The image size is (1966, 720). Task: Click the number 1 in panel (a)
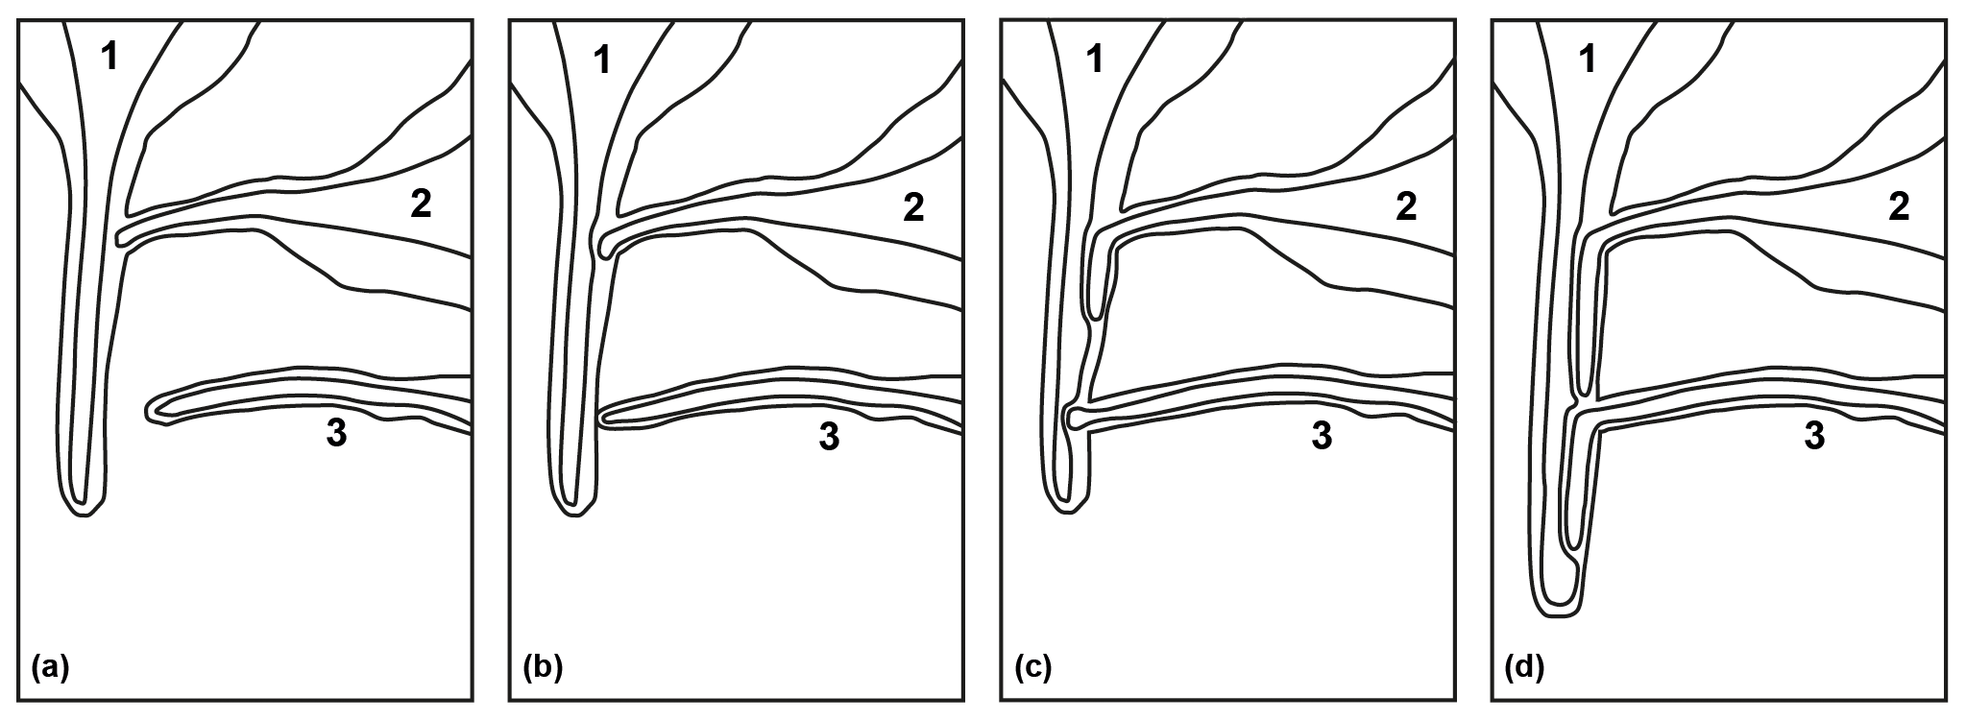pos(110,59)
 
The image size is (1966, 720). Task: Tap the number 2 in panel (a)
pos(421,204)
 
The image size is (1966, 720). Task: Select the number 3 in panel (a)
pos(336,435)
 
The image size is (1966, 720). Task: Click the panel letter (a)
pos(51,666)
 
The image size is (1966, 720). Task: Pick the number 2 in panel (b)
pos(912,207)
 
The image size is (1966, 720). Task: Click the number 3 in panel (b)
pos(828,438)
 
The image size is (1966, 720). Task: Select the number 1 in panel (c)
pos(1095,60)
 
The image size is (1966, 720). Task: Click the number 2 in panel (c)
pos(1405,207)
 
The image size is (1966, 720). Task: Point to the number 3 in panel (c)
pos(1322,437)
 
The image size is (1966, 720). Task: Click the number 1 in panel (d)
pos(1588,60)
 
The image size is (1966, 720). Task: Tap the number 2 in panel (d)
pos(1898,207)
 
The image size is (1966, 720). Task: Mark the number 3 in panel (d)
pos(1813,437)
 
